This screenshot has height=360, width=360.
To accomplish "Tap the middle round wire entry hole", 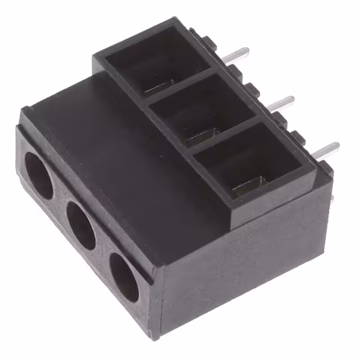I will (81, 225).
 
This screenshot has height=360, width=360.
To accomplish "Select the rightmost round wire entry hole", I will (124, 277).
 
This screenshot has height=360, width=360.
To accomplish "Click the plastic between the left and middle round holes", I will (59, 202).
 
